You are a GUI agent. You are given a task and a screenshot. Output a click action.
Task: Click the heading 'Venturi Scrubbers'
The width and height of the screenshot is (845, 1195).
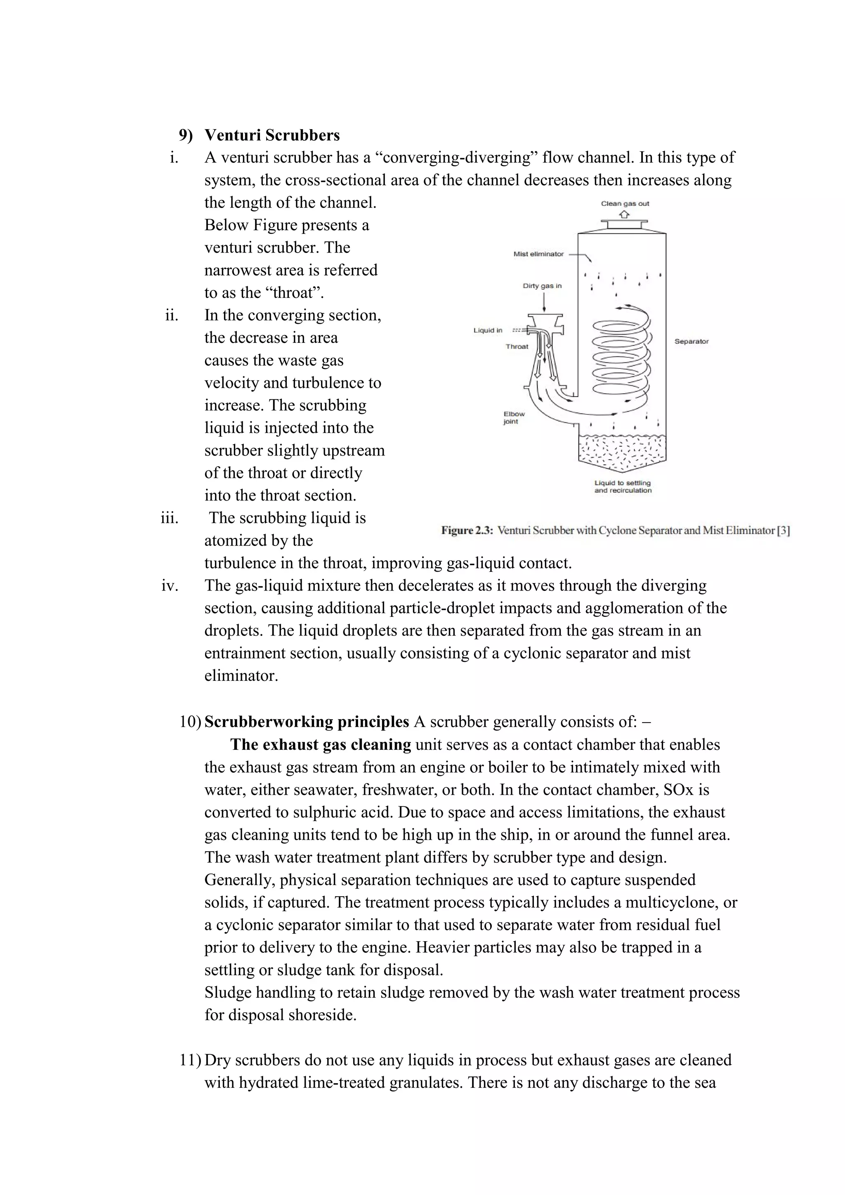point(271,135)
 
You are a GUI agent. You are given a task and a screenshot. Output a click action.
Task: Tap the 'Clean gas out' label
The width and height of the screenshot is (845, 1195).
point(625,203)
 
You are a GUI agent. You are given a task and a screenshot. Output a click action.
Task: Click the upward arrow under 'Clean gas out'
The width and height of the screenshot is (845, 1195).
point(625,213)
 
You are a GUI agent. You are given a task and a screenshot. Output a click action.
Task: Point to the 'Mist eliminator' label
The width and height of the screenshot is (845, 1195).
point(538,254)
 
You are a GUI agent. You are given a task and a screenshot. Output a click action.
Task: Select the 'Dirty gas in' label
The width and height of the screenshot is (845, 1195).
point(542,286)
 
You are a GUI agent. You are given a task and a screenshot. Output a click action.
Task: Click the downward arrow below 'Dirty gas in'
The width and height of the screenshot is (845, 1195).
point(544,302)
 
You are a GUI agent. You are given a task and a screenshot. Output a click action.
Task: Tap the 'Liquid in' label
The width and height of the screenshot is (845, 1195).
point(488,331)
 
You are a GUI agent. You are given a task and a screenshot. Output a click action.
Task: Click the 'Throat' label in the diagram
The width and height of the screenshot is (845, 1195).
point(517,347)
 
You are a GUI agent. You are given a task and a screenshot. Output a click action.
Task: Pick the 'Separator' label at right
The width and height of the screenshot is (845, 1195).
point(691,341)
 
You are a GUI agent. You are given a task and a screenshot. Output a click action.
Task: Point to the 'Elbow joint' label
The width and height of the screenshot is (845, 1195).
point(514,418)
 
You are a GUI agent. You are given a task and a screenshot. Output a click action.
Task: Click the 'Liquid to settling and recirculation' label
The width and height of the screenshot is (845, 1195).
point(623,487)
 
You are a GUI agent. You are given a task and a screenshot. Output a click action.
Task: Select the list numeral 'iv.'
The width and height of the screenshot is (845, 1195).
point(170,586)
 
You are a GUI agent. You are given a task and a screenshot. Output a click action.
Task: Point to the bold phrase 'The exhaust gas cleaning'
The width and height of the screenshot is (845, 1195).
point(321,745)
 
